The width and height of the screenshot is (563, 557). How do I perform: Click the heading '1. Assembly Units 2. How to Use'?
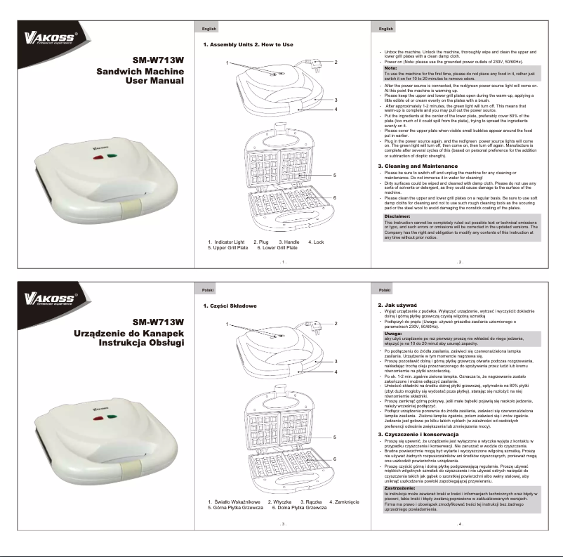(248, 45)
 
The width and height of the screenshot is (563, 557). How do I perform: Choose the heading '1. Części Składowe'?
(230, 306)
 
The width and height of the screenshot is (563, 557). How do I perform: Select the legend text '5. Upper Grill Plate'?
(228, 248)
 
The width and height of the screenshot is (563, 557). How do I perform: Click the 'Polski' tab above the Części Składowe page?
(208, 290)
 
